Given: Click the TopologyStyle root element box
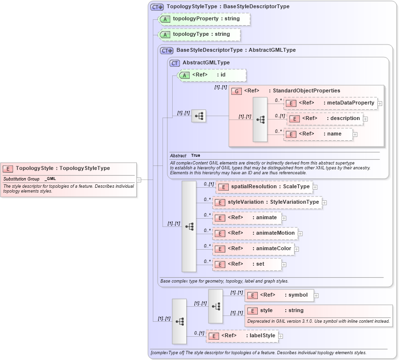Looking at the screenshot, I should click(x=68, y=168).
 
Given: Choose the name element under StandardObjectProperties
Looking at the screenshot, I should click(x=319, y=134).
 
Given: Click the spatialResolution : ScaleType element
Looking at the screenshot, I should click(x=263, y=187).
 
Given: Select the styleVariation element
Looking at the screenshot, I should click(x=267, y=202).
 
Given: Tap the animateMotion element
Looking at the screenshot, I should click(x=255, y=233).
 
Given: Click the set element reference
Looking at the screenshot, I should click(x=247, y=264).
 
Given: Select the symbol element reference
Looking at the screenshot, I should click(x=279, y=295).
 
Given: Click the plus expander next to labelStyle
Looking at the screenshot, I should click(x=281, y=336).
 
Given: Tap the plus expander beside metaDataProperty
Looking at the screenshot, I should click(x=380, y=103).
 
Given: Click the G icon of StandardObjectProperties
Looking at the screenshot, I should click(x=236, y=91).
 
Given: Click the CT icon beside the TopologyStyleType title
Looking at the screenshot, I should click(x=157, y=7).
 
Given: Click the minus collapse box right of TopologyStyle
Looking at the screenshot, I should click(x=139, y=180).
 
